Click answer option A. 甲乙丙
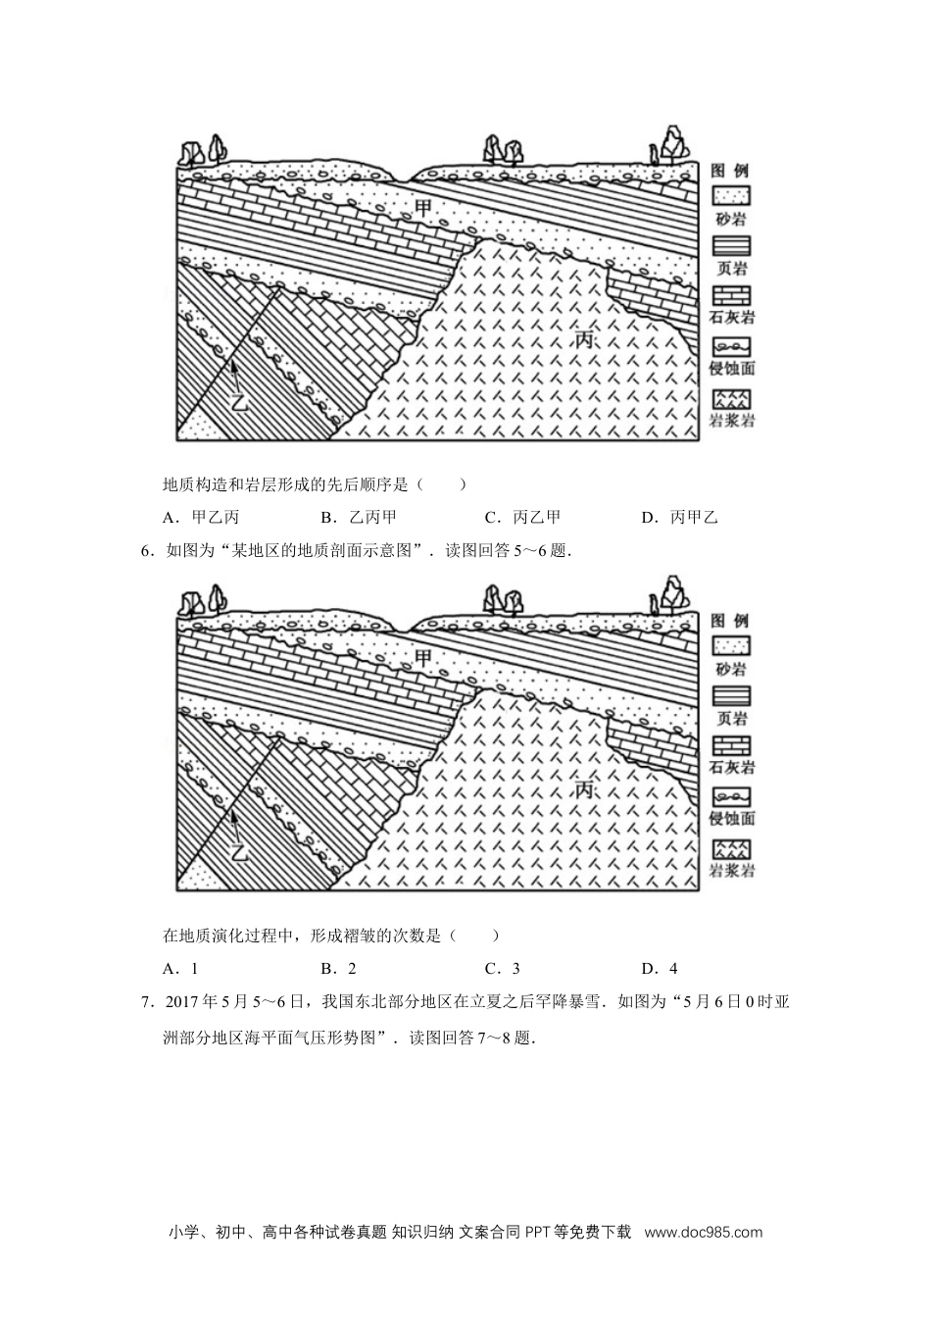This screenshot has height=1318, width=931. (x=201, y=517)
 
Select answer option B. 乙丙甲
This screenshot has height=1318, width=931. (x=359, y=517)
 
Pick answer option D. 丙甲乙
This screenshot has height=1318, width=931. (x=680, y=517)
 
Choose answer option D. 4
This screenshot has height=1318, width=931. (x=660, y=969)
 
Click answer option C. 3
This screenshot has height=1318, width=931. (x=503, y=969)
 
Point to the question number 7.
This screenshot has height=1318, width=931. (x=145, y=1002)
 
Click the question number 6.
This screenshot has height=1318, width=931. (x=145, y=551)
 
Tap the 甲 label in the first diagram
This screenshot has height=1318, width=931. (x=422, y=208)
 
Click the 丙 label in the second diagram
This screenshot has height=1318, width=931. (x=583, y=789)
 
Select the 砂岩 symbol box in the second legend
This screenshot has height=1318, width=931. (x=731, y=646)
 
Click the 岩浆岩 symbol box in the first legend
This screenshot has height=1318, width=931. (x=731, y=399)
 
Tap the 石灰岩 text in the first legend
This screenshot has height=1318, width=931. (x=732, y=318)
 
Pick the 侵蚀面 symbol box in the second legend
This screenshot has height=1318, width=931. (x=731, y=797)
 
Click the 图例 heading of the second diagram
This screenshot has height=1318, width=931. (x=729, y=620)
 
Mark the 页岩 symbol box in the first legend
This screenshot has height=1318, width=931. (x=731, y=246)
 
